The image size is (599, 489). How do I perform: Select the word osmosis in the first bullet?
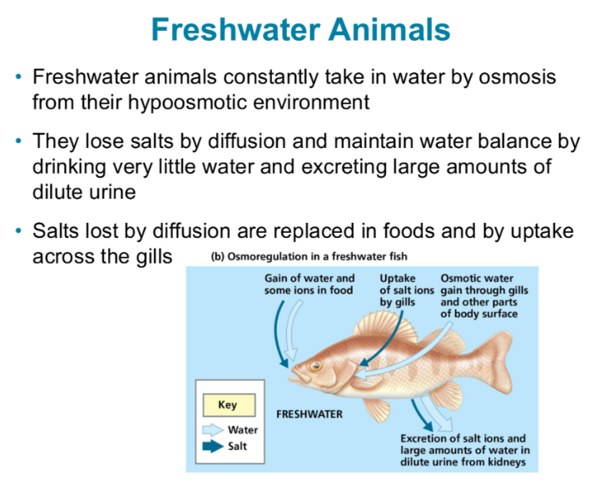pyautogui.click(x=511, y=77)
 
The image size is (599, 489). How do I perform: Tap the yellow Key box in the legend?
pyautogui.click(x=227, y=405)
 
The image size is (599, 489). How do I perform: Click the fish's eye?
pyautogui.click(x=316, y=366)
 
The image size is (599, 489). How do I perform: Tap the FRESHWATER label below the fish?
pyautogui.click(x=309, y=413)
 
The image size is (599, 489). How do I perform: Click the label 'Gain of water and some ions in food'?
pyautogui.click(x=309, y=284)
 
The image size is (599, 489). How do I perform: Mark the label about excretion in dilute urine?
pyautogui.click(x=463, y=450)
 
